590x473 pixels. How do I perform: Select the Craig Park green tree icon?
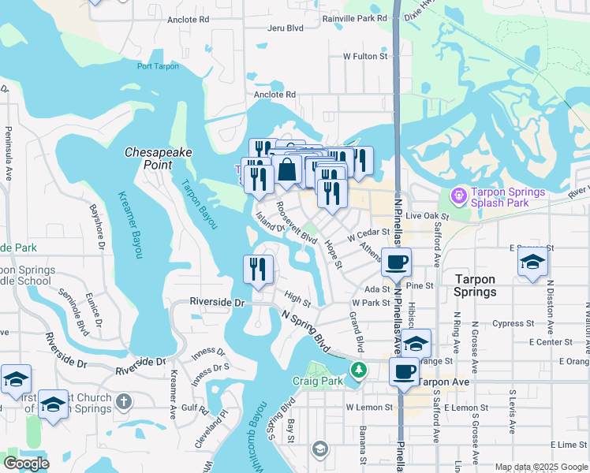(359, 369)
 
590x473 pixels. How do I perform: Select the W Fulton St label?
(366, 57)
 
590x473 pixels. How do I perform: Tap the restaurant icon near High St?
(258, 269)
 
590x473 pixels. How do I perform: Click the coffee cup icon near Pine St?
(396, 261)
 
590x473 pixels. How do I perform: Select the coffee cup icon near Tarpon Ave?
(404, 371)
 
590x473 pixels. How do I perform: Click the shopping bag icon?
(287, 168)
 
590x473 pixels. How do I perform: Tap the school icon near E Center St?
(416, 342)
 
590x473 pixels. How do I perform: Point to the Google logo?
(26, 464)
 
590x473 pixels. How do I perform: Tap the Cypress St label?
(507, 323)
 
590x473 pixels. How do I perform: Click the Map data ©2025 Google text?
(540, 467)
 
